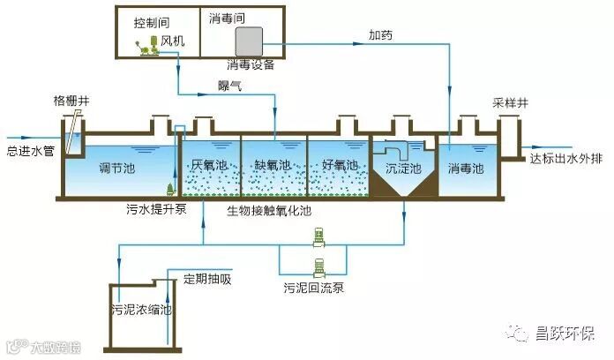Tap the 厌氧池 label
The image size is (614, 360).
pyautogui.click(x=209, y=165)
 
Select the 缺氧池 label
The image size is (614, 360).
pyautogui.click(x=273, y=165)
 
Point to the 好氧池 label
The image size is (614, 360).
pyautogui.click(x=340, y=165)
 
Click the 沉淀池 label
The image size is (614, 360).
pyautogui.click(x=403, y=168)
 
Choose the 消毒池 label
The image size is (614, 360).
pyautogui.click(x=466, y=167)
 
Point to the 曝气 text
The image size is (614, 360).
pyautogui.click(x=231, y=85)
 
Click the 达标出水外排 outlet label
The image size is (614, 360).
pyautogui.click(x=565, y=159)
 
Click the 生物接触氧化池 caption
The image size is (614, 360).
pyautogui.click(x=269, y=211)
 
